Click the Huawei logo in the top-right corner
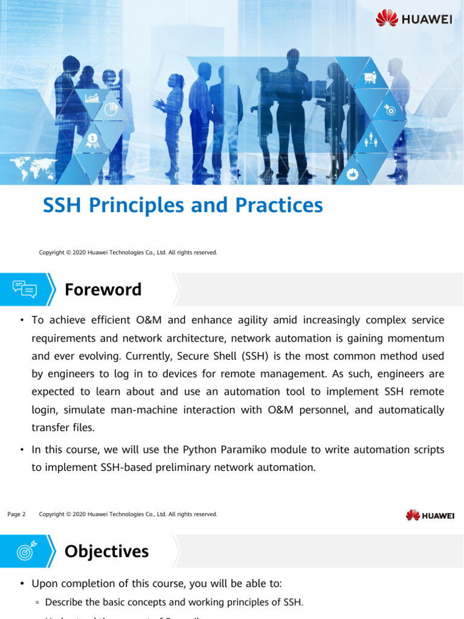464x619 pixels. [414, 18]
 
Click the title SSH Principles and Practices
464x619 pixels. [182, 206]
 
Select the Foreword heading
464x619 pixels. [103, 290]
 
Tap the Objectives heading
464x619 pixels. [106, 551]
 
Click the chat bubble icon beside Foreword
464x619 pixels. [24, 290]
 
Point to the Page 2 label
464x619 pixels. [16, 514]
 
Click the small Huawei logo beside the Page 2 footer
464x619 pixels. [430, 515]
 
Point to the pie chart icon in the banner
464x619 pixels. [111, 109]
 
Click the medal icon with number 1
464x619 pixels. [92, 140]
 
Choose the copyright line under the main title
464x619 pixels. [128, 252]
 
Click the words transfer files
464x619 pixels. [63, 427]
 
